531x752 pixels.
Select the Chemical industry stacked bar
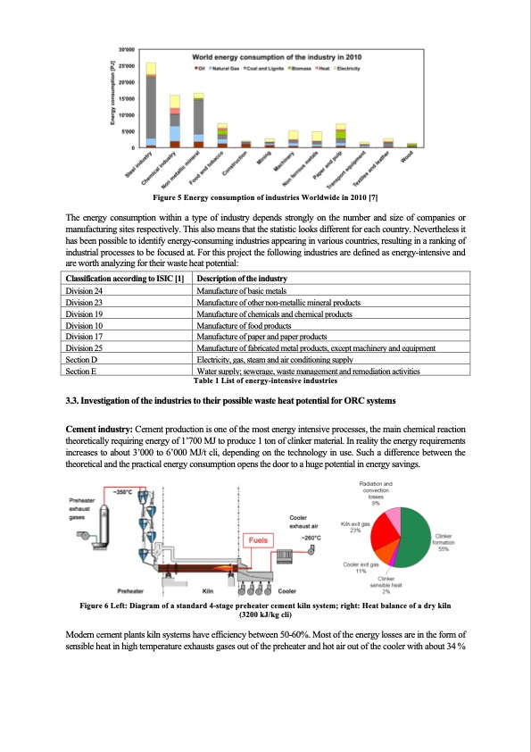(175, 121)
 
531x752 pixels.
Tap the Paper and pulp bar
(340, 135)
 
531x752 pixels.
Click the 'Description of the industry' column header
(235, 280)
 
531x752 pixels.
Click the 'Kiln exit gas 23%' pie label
(354, 528)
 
